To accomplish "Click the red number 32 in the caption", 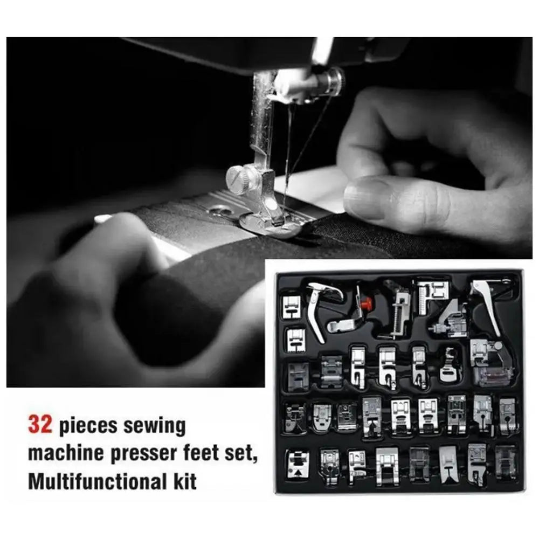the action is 40,425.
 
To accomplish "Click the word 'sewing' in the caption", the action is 154,426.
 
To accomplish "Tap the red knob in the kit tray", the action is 368,303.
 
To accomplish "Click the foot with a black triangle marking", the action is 298,465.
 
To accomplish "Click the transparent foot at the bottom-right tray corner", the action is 506,462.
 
